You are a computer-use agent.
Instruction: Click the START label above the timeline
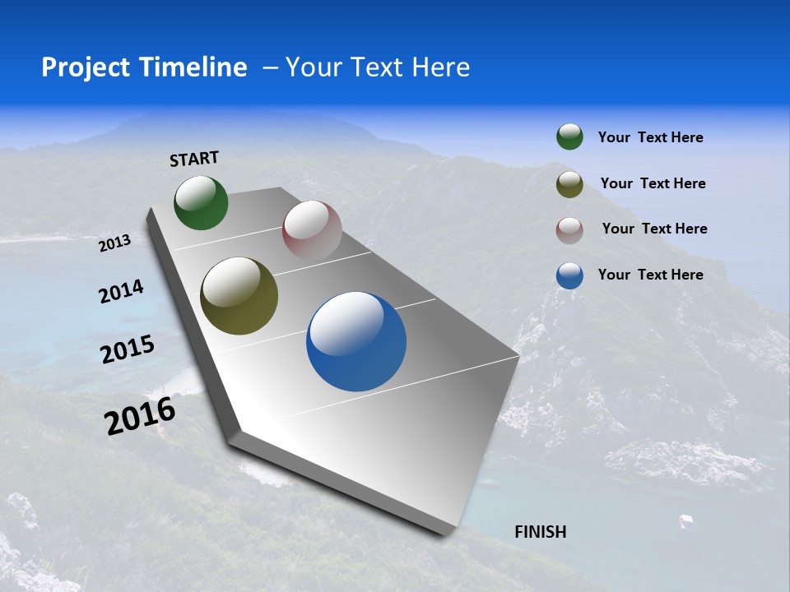pyautogui.click(x=194, y=159)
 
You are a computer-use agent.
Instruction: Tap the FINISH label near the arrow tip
pyautogui.click(x=541, y=532)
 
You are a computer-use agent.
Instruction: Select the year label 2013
pyautogui.click(x=114, y=243)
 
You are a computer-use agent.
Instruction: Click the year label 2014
pyautogui.click(x=121, y=292)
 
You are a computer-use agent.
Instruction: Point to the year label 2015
pyautogui.click(x=128, y=349)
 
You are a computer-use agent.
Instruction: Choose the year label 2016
pyautogui.click(x=140, y=416)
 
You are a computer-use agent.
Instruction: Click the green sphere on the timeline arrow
pyautogui.click(x=201, y=202)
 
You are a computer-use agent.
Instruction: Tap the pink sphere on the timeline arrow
pyautogui.click(x=312, y=230)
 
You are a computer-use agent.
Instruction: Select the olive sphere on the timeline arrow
pyautogui.click(x=239, y=296)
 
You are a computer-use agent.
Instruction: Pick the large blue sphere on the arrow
pyautogui.click(x=356, y=341)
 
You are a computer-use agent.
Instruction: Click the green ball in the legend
pyautogui.click(x=569, y=137)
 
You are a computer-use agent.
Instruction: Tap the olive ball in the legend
pyautogui.click(x=569, y=184)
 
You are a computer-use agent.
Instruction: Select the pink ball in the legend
pyautogui.click(x=569, y=229)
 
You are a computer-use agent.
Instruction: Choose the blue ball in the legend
pyautogui.click(x=569, y=275)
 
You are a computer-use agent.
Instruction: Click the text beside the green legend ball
pyautogui.click(x=650, y=138)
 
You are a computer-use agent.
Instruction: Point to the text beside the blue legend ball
pyautogui.click(x=650, y=275)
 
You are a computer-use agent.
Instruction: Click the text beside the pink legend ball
pyautogui.click(x=654, y=229)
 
